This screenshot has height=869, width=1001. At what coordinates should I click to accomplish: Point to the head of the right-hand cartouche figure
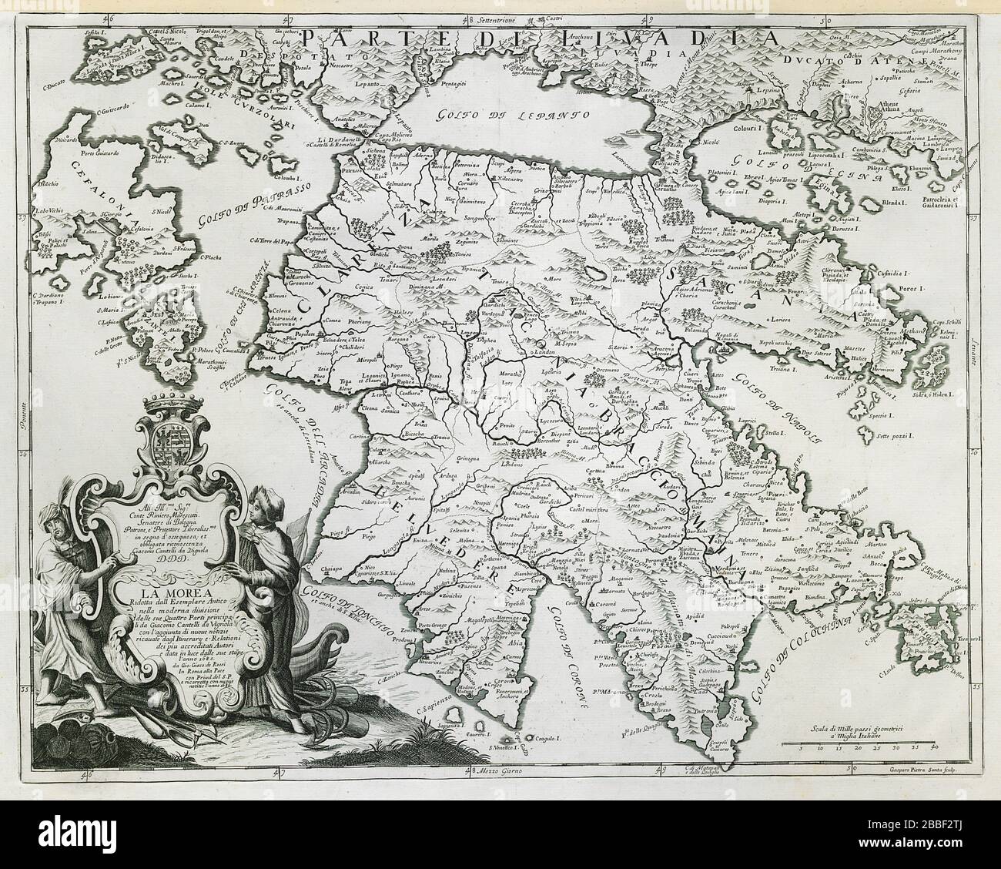click(x=260, y=508)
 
